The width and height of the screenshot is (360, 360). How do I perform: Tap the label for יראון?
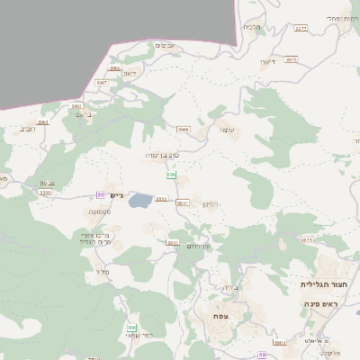[128, 75]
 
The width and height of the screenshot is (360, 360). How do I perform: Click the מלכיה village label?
[252, 28]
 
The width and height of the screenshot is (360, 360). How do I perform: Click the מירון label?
[101, 270]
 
